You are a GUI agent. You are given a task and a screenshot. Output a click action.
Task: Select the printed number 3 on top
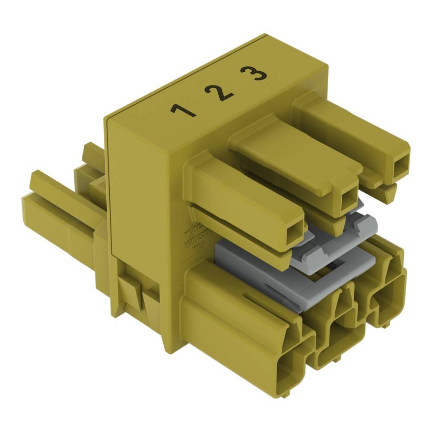click(x=254, y=74)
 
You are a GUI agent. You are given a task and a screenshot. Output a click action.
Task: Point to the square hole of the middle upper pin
click(x=347, y=199)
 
